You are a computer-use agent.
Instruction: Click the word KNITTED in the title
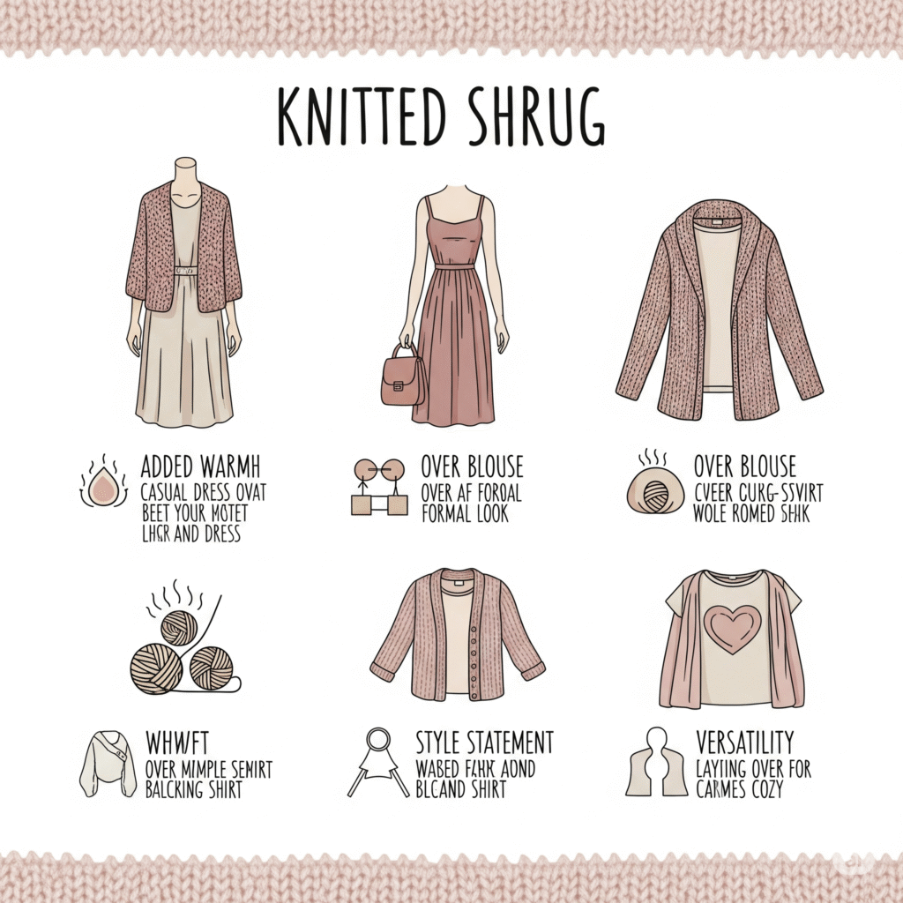click(x=358, y=116)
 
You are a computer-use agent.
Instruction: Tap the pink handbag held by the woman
click(x=403, y=377)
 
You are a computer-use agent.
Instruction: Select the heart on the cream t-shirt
click(x=732, y=630)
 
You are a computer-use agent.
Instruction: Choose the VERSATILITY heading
click(x=744, y=742)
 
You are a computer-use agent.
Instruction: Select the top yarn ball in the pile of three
click(x=179, y=626)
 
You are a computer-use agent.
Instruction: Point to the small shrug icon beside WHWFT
click(x=107, y=764)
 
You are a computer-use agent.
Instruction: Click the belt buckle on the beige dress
click(x=184, y=271)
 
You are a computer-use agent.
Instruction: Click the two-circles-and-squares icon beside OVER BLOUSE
click(x=379, y=486)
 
